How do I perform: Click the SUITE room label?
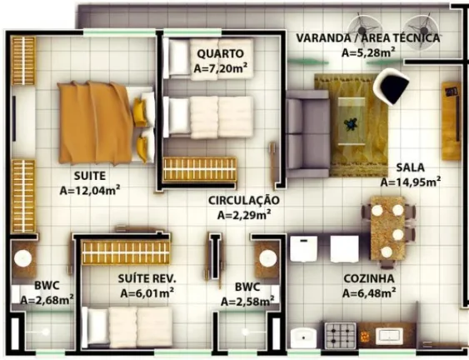90,176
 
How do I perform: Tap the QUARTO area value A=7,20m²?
221,68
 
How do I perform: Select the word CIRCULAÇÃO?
244,200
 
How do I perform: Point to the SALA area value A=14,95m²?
411,182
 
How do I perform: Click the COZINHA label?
369,278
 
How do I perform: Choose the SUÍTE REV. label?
147,278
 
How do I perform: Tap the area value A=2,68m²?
47,299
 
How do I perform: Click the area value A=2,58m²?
247,301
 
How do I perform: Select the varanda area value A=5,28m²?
368,52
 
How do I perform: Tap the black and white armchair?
391,86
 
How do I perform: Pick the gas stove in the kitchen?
341,335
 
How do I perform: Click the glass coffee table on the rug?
352,121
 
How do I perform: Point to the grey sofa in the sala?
307,134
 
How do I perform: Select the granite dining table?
388,228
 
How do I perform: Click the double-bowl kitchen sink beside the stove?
389,336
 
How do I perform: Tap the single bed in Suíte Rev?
127,327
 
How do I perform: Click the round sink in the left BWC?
23,258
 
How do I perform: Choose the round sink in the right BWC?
267,258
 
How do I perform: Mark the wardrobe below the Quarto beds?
199,169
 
